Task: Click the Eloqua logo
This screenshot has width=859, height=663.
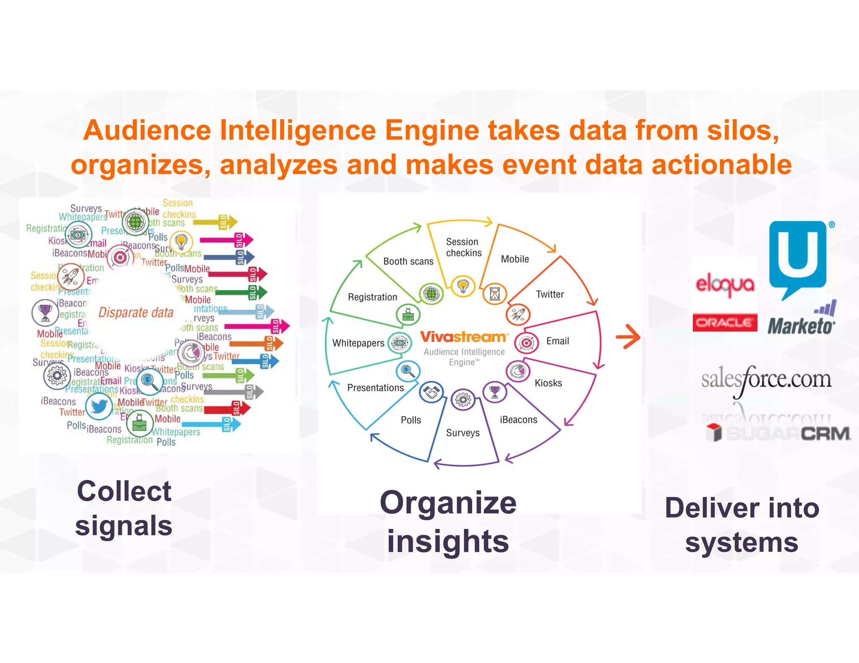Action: click(725, 285)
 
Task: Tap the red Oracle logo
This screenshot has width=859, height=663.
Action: click(725, 322)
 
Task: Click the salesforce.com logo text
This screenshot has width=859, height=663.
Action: click(766, 379)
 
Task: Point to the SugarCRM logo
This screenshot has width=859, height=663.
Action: click(778, 433)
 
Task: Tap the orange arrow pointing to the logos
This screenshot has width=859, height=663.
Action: click(628, 337)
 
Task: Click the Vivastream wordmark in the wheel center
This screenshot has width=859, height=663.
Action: click(464, 337)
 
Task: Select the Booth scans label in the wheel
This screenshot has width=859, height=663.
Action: click(408, 261)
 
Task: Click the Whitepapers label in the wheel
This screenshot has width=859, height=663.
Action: click(358, 343)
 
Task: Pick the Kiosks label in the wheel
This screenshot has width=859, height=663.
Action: click(548, 383)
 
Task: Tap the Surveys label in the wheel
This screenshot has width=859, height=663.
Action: click(463, 433)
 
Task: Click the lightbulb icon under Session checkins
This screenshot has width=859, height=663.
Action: click(463, 286)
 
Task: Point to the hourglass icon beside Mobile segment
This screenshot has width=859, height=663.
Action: click(495, 294)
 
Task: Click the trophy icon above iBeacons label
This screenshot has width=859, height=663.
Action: click(495, 392)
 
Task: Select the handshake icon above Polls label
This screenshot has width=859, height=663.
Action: click(431, 392)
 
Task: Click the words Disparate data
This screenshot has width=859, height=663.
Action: click(136, 313)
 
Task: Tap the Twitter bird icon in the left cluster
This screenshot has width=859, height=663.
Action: click(99, 406)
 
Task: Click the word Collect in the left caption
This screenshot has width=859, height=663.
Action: click(124, 491)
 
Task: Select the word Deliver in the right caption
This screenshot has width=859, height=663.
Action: click(711, 508)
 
